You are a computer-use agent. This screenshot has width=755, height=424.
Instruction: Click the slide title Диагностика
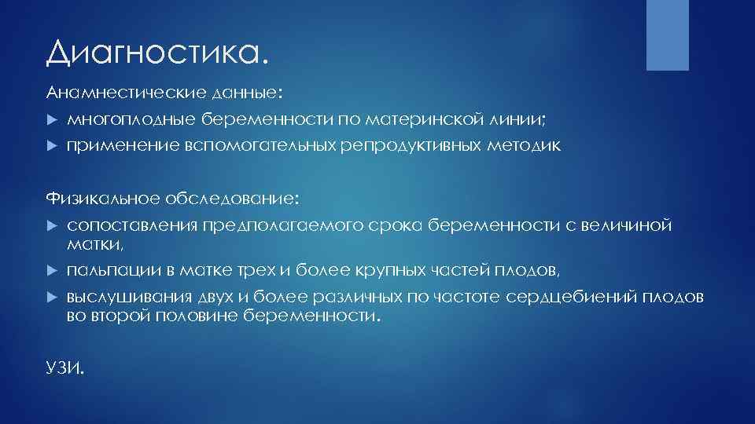pos(157,53)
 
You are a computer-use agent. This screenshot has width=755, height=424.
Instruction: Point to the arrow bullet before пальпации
pos(51,272)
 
